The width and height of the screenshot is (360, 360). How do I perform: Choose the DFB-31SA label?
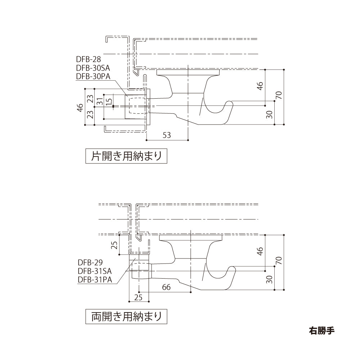pyautogui.click(x=95, y=271)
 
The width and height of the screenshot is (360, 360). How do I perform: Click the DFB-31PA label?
pyautogui.click(x=95, y=279)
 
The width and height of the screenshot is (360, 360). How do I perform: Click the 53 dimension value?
pyautogui.click(x=167, y=135)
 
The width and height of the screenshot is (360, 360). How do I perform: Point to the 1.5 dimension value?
pyautogui.click(x=109, y=99)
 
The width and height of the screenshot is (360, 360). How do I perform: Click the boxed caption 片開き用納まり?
pyautogui.click(x=126, y=156)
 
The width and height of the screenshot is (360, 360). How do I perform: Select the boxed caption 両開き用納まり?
pyautogui.click(x=126, y=317)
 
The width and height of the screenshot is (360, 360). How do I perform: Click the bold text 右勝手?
pyautogui.click(x=321, y=330)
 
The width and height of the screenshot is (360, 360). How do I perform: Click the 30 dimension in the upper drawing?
pyautogui.click(x=270, y=114)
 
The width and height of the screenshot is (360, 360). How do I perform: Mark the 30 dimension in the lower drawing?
pyautogui.click(x=270, y=279)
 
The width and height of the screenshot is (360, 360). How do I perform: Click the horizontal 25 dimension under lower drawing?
pyautogui.click(x=139, y=297)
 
